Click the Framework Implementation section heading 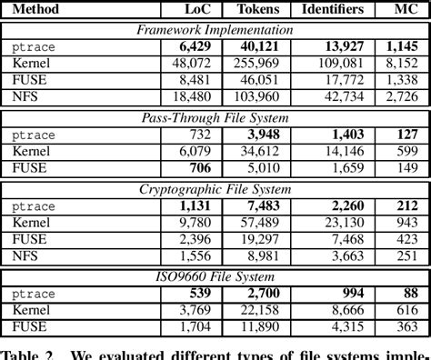[x=215, y=29]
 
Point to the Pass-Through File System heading [x=215, y=117]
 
